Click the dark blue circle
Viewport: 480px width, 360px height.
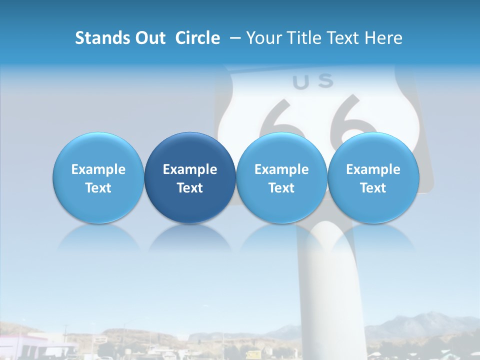(x=189, y=177)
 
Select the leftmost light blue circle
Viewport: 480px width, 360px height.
(x=98, y=177)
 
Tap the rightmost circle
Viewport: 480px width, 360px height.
(x=373, y=177)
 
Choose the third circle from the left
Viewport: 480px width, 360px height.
(x=281, y=177)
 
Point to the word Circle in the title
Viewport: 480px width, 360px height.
(x=197, y=38)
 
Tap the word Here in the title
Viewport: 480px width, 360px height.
(x=383, y=38)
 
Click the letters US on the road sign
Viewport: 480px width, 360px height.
(x=312, y=82)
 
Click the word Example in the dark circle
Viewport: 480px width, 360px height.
(x=190, y=169)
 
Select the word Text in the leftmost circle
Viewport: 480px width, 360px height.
(x=98, y=188)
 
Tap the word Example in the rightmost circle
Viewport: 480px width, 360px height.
(x=373, y=169)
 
